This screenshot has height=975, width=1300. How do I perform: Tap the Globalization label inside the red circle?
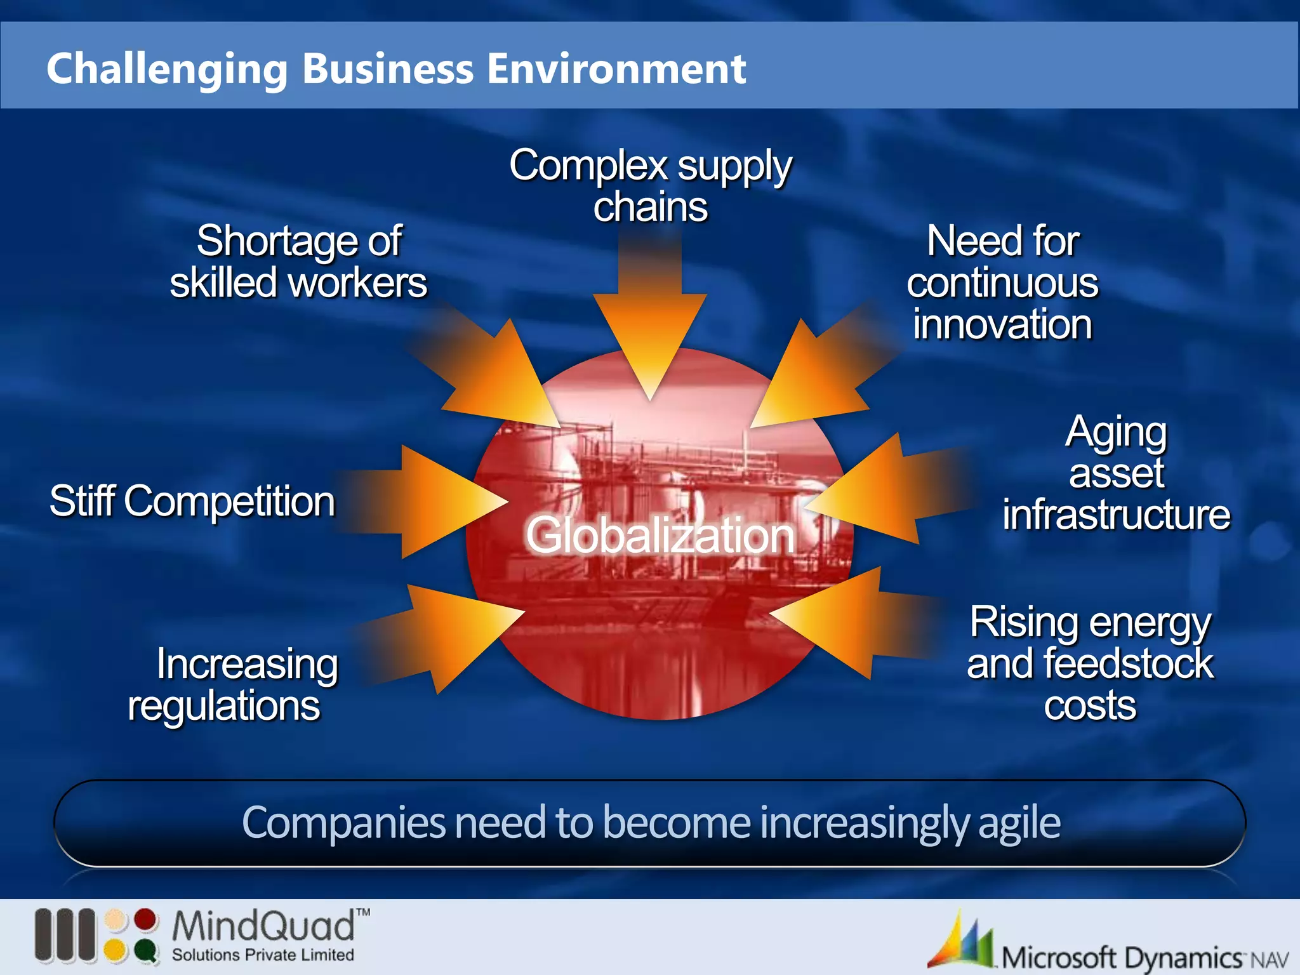tap(660, 536)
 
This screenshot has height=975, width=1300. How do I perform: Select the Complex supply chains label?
tap(650, 185)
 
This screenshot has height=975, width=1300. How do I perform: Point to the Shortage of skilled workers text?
tap(298, 262)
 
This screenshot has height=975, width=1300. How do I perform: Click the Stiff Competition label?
tap(192, 501)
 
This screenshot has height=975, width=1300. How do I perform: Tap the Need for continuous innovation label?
tap(1002, 282)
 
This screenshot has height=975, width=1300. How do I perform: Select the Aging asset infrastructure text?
tap(1116, 473)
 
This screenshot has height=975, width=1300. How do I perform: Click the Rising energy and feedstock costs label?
tap(1089, 663)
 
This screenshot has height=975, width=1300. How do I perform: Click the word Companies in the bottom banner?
tap(343, 823)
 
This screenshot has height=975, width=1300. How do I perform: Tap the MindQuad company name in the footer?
tap(263, 926)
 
